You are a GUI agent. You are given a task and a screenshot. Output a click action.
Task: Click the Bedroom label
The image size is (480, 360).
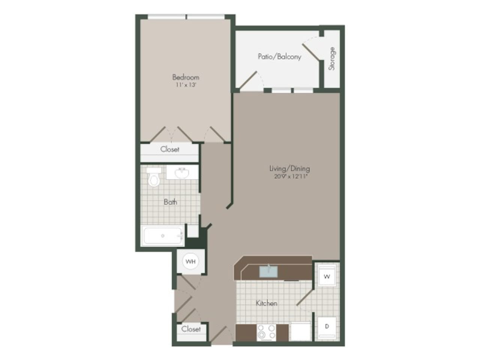(186, 77)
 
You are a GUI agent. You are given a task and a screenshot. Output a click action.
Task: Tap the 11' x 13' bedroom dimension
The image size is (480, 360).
(186, 85)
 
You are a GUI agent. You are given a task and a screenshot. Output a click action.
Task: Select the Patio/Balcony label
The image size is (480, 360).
(279, 57)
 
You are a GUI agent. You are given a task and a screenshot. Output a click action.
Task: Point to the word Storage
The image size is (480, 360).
(332, 58)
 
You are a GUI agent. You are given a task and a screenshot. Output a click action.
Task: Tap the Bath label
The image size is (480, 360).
(170, 202)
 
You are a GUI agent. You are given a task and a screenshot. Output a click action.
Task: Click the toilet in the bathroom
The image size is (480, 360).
(154, 178)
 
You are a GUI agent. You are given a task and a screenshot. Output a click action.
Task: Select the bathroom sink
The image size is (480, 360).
(182, 173)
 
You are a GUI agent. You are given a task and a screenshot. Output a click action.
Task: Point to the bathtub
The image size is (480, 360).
(163, 236)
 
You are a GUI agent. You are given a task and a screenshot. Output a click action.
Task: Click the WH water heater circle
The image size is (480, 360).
(190, 261)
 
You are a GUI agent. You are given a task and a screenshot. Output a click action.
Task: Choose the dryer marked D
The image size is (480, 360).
(327, 327)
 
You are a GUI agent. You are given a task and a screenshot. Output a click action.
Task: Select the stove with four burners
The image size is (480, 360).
(266, 333)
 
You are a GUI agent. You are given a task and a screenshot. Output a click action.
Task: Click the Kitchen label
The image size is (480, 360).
(267, 303)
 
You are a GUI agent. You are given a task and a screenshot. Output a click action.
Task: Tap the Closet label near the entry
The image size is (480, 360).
(191, 329)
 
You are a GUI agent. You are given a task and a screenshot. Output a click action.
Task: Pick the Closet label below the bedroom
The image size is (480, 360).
(169, 149)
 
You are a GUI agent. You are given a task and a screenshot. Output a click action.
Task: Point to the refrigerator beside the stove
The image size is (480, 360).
(300, 332)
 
